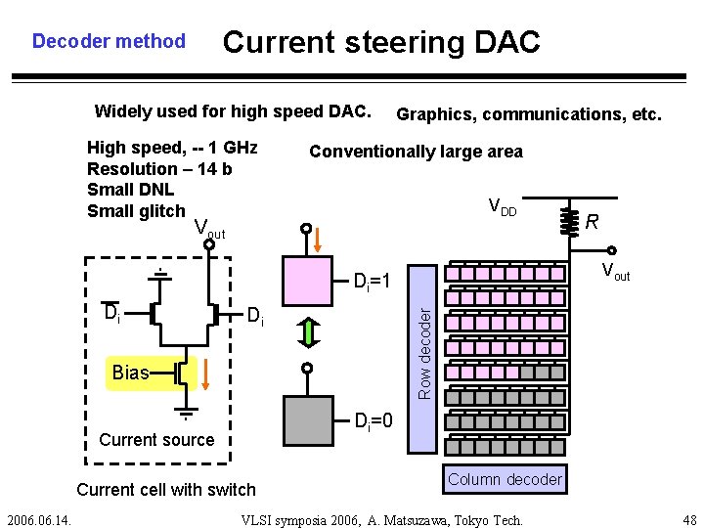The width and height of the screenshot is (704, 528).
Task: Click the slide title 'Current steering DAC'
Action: tap(381, 42)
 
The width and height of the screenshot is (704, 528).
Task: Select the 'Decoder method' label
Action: tap(109, 41)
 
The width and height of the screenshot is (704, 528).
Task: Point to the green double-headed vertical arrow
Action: tap(307, 332)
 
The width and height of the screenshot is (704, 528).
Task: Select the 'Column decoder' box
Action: tap(505, 479)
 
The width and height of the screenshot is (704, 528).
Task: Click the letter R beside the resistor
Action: tap(593, 223)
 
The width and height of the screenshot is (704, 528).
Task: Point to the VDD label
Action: tap(502, 207)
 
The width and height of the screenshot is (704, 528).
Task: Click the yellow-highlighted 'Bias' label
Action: tap(130, 373)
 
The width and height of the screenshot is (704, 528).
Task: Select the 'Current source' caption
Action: tap(156, 440)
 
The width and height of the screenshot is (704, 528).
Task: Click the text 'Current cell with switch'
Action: tap(165, 489)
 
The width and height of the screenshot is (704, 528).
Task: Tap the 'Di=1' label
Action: tap(372, 283)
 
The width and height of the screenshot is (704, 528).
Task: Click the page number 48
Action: tap(687, 520)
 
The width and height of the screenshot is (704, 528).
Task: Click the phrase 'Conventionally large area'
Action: tap(416, 152)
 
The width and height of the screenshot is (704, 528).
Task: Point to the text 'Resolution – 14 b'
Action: tap(159, 168)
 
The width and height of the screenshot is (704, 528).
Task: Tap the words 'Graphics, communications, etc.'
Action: tap(529, 114)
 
